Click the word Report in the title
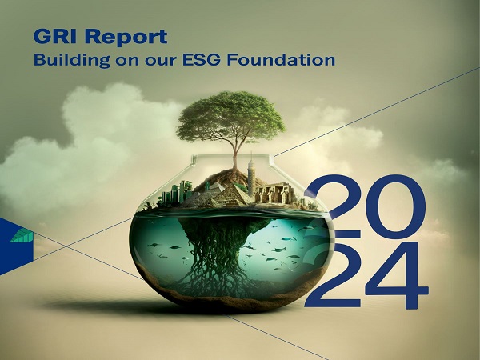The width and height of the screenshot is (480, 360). [x=126, y=38]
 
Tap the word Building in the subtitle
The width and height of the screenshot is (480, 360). [x=72, y=60]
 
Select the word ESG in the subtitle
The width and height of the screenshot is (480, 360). [x=201, y=60]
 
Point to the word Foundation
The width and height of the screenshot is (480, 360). [x=281, y=60]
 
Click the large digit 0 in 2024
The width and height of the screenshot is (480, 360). [x=396, y=206]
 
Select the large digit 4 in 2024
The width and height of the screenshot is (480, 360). [x=397, y=275]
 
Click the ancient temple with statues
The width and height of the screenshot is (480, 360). [x=274, y=193]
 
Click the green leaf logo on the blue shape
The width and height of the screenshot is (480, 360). [x=22, y=236]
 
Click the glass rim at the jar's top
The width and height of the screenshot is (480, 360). [x=232, y=155]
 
